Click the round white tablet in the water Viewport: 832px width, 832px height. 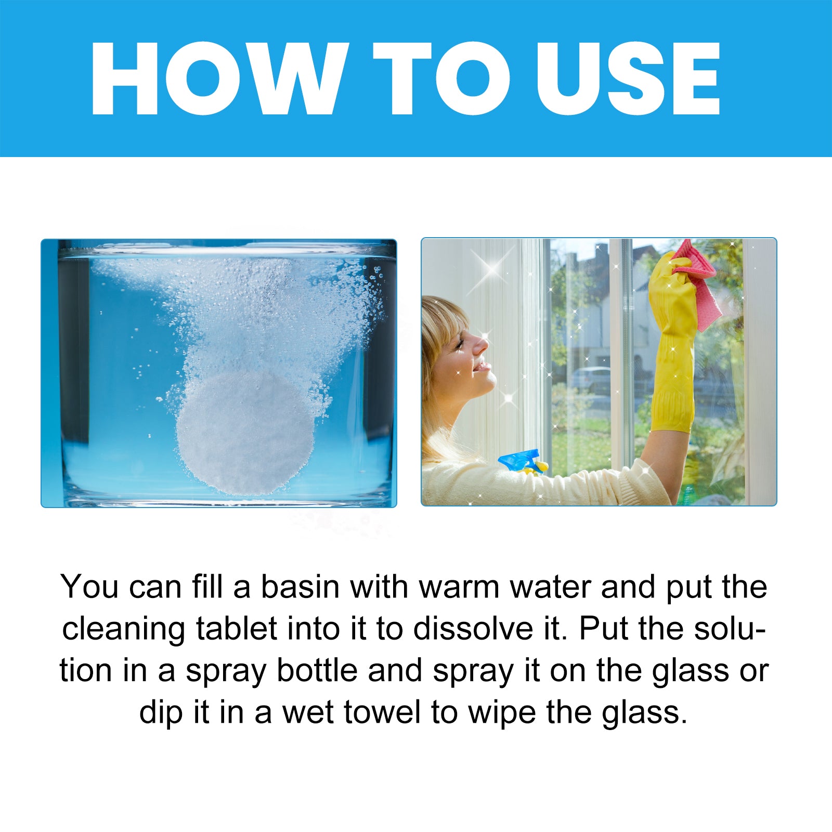(245, 432)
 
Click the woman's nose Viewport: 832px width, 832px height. (482, 344)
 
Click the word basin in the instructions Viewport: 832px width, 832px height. (300, 587)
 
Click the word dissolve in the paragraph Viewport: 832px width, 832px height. (473, 629)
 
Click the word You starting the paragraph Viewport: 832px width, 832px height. (89, 587)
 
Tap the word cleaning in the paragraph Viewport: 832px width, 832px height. (123, 630)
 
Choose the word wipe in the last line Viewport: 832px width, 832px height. (501, 713)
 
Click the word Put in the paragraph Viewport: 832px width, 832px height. (603, 629)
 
